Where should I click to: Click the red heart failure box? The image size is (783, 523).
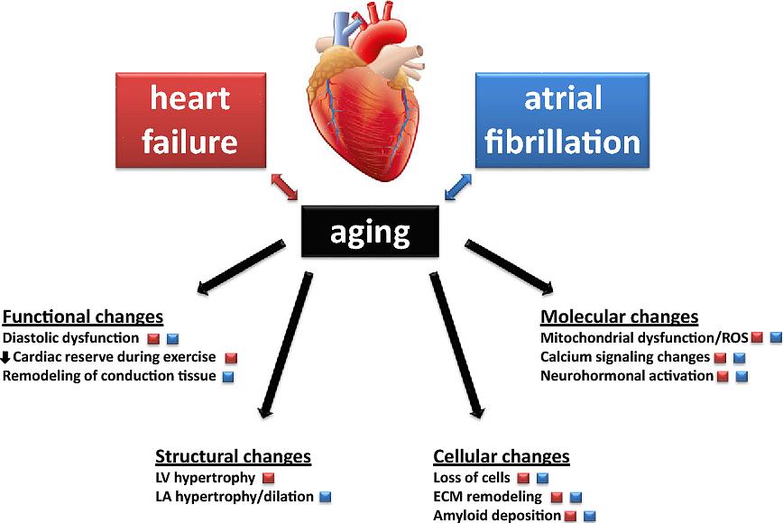click(189, 123)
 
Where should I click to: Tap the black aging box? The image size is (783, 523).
click(370, 233)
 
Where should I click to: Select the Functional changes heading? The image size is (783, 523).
click(83, 317)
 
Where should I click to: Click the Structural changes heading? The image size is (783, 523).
click(233, 456)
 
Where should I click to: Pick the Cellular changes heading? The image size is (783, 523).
click(502, 456)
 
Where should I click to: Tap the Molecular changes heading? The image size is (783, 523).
click(619, 317)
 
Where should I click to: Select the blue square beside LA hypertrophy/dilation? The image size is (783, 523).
click(326, 496)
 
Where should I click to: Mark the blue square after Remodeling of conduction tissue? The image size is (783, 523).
click(228, 376)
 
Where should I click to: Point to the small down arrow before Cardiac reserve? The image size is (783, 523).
click(6, 358)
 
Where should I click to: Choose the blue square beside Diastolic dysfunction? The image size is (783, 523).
click(172, 339)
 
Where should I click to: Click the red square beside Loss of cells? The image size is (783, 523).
click(522, 477)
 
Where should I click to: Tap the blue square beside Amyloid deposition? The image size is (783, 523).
click(590, 517)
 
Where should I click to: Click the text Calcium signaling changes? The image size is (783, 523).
click(625, 357)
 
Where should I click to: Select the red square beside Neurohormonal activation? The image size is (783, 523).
click(722, 376)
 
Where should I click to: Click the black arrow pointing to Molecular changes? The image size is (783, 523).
click(511, 265)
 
